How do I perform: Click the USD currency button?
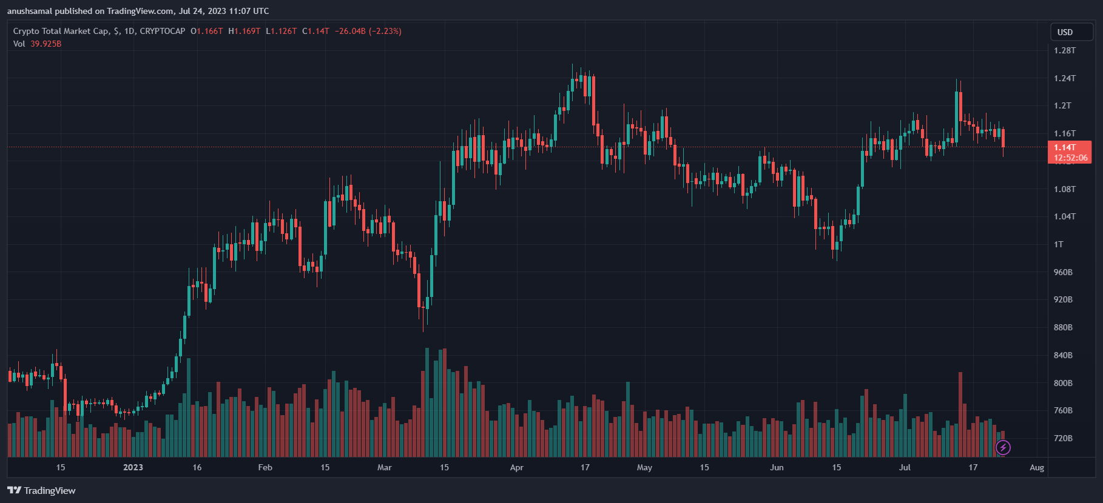pos(1065,32)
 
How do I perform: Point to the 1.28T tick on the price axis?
pos(1065,50)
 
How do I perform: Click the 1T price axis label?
pos(1059,244)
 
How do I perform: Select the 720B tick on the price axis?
pos(1063,438)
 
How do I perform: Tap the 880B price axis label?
pos(1063,327)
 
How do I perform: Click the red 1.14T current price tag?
pos(1069,152)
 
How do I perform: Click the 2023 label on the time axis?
pos(133,467)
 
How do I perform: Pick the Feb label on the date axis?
pos(265,467)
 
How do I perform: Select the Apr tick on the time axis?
pos(516,467)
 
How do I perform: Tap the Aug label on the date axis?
pos(1037,467)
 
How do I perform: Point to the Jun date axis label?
pos(777,467)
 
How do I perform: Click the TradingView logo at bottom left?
pos(41,490)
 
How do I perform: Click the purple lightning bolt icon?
pos(1003,448)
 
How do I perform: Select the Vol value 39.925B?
pos(46,44)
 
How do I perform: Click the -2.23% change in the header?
pos(385,31)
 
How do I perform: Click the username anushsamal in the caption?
pos(30,11)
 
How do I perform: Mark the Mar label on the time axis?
pos(384,467)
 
